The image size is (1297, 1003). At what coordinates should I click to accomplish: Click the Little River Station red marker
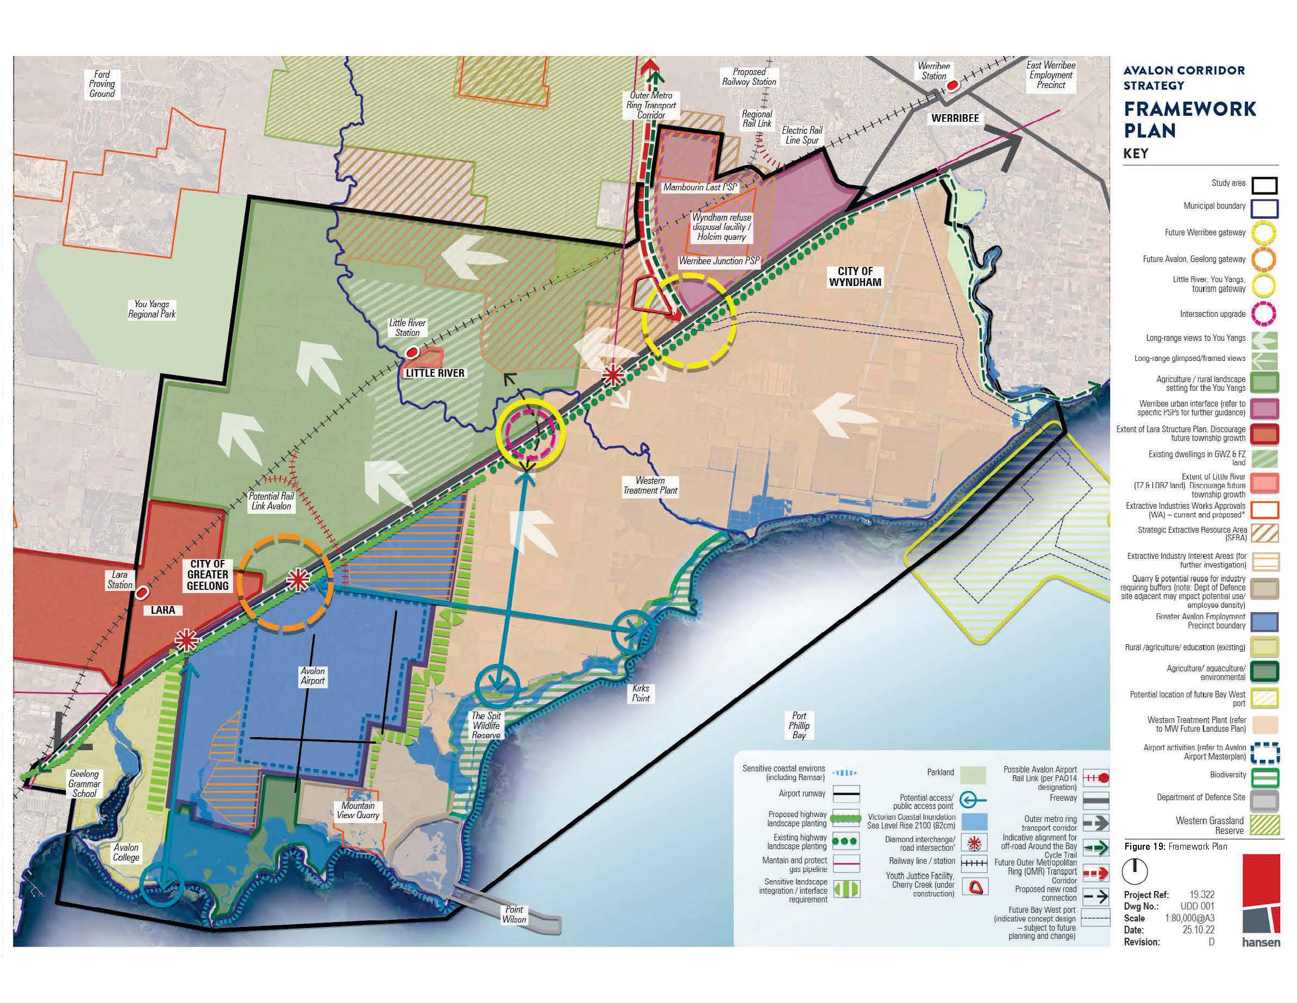(x=410, y=353)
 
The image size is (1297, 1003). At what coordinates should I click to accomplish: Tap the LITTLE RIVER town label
(x=435, y=373)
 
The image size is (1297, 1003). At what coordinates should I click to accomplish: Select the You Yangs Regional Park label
(x=152, y=309)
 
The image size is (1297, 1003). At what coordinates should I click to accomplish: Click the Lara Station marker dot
(x=142, y=593)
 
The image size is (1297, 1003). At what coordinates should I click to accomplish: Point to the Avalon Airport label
(x=312, y=676)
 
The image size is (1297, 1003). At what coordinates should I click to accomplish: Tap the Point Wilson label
(x=513, y=914)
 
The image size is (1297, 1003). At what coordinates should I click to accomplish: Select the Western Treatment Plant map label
(x=650, y=485)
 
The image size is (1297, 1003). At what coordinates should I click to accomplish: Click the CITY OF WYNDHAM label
(x=855, y=276)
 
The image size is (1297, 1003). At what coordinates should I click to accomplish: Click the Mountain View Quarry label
(x=358, y=811)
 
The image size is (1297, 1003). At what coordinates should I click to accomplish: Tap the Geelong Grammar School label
(x=84, y=784)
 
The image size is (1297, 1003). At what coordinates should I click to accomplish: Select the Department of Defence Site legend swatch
(x=1264, y=800)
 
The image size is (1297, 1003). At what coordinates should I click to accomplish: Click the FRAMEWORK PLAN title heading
(x=1189, y=120)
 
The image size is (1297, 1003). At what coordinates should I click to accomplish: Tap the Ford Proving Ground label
(x=102, y=84)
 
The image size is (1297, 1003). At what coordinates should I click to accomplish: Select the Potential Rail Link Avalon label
(x=271, y=501)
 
